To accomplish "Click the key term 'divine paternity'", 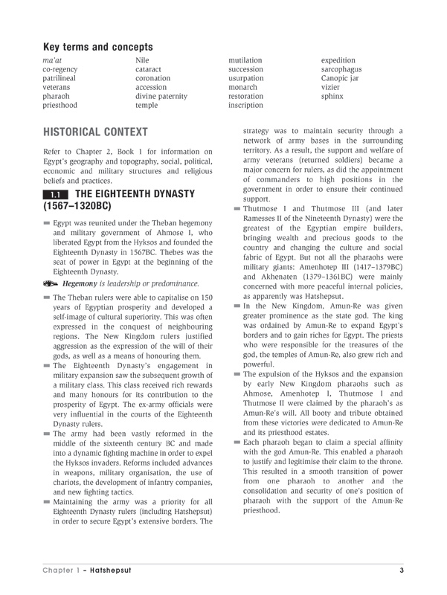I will pos(161,97).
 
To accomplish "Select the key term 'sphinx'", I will pos(332,97).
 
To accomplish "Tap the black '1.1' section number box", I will pos(56,195).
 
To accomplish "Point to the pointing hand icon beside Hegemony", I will pos(51,283).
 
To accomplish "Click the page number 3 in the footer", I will pos(401,570).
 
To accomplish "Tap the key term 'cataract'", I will pos(150,69).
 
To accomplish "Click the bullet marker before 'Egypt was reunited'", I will pos(48,223).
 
